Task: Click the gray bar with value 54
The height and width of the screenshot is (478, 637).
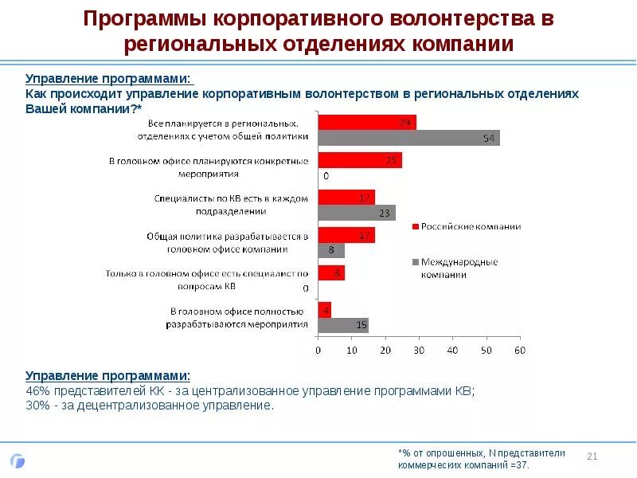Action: (408, 138)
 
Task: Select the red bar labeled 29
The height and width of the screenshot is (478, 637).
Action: (367, 123)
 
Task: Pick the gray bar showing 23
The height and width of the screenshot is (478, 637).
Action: (357, 213)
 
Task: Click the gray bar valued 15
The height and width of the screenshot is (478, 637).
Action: (343, 325)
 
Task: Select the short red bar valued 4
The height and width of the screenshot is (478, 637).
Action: (324, 310)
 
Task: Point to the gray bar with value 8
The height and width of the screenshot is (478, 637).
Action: (331, 250)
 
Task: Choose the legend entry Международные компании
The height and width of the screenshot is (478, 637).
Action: (460, 268)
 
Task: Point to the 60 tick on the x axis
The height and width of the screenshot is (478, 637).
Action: (520, 350)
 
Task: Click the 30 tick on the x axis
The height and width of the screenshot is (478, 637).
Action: (419, 350)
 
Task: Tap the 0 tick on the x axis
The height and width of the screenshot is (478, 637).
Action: (318, 350)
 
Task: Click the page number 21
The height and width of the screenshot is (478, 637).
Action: (592, 456)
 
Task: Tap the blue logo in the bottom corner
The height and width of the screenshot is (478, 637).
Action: (18, 460)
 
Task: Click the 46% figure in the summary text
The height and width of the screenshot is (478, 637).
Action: (37, 390)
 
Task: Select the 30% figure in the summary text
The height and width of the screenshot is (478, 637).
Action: (37, 406)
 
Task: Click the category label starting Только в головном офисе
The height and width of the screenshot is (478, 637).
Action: (207, 280)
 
